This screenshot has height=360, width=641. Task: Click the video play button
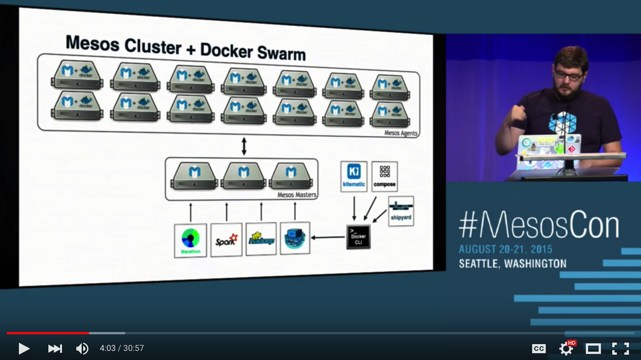[24, 348]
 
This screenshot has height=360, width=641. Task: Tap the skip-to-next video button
[55, 348]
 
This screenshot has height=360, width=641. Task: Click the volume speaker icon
[82, 348]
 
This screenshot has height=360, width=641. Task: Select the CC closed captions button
[539, 348]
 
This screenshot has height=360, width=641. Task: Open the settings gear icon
[566, 348]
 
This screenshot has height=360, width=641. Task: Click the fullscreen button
[620, 348]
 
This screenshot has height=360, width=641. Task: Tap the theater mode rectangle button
[593, 348]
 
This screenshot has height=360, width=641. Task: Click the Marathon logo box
[190, 240]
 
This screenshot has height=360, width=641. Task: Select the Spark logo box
[226, 240]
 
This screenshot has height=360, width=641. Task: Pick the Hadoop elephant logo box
[261, 239]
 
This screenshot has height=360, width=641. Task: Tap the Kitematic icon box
[354, 176]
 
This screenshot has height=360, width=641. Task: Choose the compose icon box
[384, 176]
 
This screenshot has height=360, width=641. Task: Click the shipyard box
[401, 211]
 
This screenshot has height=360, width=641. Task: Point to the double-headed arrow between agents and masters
[244, 146]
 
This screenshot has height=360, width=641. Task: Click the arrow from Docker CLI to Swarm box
[328, 237]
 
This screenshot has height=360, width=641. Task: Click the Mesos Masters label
[297, 195]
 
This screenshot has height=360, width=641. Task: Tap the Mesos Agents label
[401, 133]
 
